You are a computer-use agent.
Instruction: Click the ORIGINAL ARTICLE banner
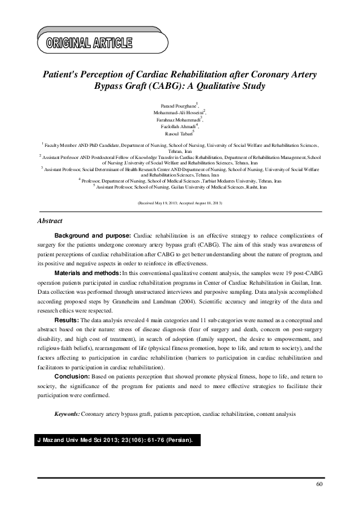[x=88, y=42]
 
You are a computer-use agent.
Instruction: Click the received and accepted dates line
[x=180, y=203]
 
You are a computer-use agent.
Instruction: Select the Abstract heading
[x=50, y=221]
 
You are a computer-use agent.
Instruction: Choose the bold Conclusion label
[x=72, y=377]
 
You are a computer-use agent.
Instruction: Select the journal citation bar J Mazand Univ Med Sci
[x=114, y=440]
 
